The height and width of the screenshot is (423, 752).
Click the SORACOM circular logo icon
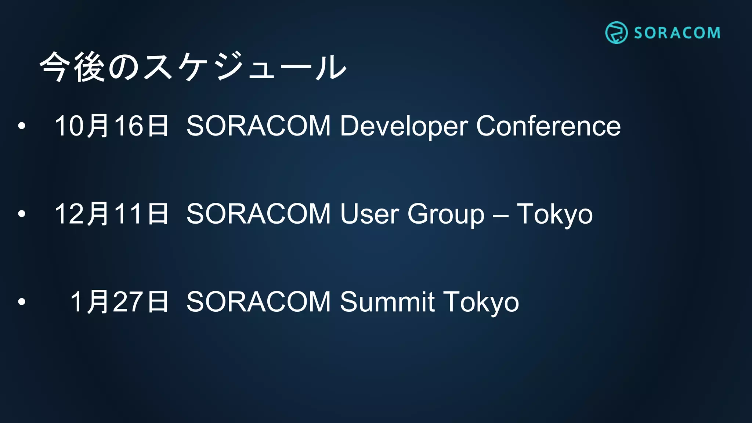pos(616,33)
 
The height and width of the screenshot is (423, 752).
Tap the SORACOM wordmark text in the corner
pos(677,33)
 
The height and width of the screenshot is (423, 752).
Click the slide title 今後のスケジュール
pos(193,67)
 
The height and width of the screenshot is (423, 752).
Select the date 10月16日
pos(111,126)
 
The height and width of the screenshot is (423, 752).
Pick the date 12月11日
pos(111,214)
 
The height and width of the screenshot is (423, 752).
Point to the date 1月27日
pos(119,302)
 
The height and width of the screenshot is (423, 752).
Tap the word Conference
pos(548,126)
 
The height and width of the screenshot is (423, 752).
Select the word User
pos(369,214)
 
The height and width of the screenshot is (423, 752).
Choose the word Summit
pos(387,302)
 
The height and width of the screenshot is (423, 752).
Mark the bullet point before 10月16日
pos(22,126)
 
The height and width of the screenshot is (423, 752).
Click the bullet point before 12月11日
pos(22,214)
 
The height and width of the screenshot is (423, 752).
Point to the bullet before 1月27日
pos(22,302)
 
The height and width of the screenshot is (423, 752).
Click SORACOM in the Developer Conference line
pos(259,126)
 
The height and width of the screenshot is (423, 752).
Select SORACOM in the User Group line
pos(259,214)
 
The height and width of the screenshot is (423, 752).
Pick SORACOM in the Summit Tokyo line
pos(259,302)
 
